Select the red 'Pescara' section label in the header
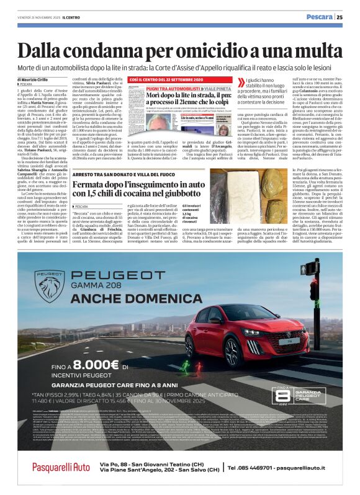coord(319,17)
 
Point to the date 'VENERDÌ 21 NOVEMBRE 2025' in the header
coord(42,18)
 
